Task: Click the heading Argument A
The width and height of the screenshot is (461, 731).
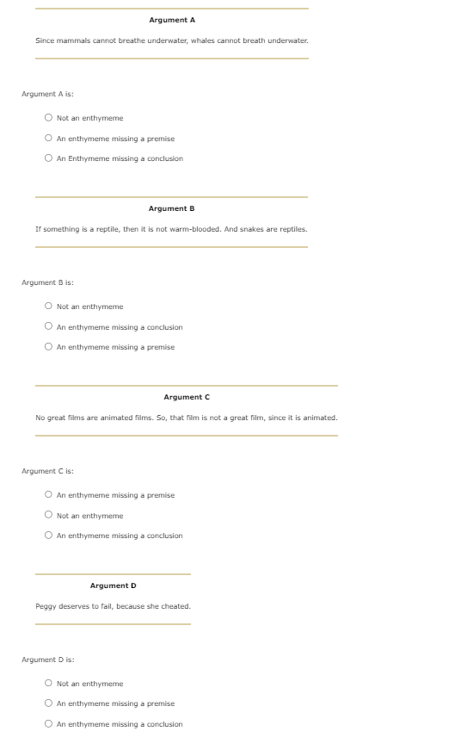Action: click(172, 20)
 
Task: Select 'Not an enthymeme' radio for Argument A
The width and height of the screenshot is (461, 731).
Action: click(49, 118)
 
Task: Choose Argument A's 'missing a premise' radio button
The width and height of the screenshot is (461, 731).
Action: click(49, 139)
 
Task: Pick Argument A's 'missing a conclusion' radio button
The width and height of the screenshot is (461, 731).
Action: click(49, 158)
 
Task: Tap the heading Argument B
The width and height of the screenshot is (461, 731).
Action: click(171, 208)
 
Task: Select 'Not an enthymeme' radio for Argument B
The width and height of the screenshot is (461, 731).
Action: click(49, 307)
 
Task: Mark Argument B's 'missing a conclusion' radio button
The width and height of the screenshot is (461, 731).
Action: click(49, 327)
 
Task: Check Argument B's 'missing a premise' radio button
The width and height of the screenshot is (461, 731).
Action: click(49, 347)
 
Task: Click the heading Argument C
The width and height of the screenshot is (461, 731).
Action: click(187, 397)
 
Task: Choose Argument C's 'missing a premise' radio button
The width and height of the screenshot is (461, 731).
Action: click(49, 495)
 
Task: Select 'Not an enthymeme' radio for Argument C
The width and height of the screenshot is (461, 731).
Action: click(49, 516)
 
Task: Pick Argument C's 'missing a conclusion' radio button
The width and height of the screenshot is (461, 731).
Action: click(49, 536)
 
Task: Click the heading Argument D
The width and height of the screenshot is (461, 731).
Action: click(113, 585)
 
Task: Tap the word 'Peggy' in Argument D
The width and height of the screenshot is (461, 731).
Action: click(45, 606)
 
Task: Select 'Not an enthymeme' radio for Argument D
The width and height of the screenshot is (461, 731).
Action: click(49, 684)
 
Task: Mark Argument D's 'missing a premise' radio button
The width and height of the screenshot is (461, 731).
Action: click(49, 703)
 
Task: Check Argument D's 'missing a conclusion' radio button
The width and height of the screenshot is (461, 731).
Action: click(49, 724)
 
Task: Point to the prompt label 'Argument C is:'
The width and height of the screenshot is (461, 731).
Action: click(47, 471)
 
